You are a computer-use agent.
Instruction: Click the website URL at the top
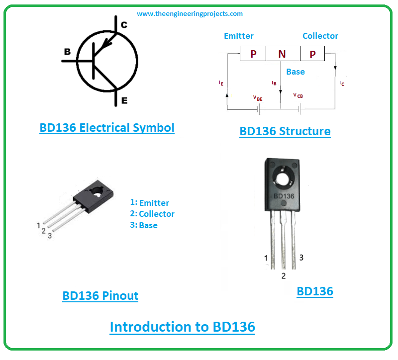pos(190,14)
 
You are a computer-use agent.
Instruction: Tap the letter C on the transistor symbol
pos(124,24)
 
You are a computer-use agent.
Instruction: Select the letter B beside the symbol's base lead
pos(67,52)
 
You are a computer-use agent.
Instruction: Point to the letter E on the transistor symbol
pos(124,100)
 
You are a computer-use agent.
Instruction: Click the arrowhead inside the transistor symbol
pos(106,44)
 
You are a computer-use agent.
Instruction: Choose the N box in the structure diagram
pos(283,54)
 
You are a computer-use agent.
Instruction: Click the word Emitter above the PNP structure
pos(239,36)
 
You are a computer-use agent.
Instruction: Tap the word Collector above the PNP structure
pos(320,36)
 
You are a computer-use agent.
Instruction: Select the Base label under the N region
pos(296,72)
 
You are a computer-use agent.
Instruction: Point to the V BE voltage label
pos(258,98)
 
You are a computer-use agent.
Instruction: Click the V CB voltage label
pos(298,95)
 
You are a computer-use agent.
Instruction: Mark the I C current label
pos(342,84)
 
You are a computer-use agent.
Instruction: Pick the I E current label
pos(221,83)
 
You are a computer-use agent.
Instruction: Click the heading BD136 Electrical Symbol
pos(107,128)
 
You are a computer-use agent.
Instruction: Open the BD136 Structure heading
pos(285,131)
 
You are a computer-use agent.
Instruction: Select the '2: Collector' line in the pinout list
pos(152,214)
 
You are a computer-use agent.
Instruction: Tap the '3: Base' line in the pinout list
pos(144,225)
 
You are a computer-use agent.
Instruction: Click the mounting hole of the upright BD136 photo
pos(283,179)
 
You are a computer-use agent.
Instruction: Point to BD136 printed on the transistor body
pos(284,196)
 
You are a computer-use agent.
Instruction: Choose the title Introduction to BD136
pos(182,327)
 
